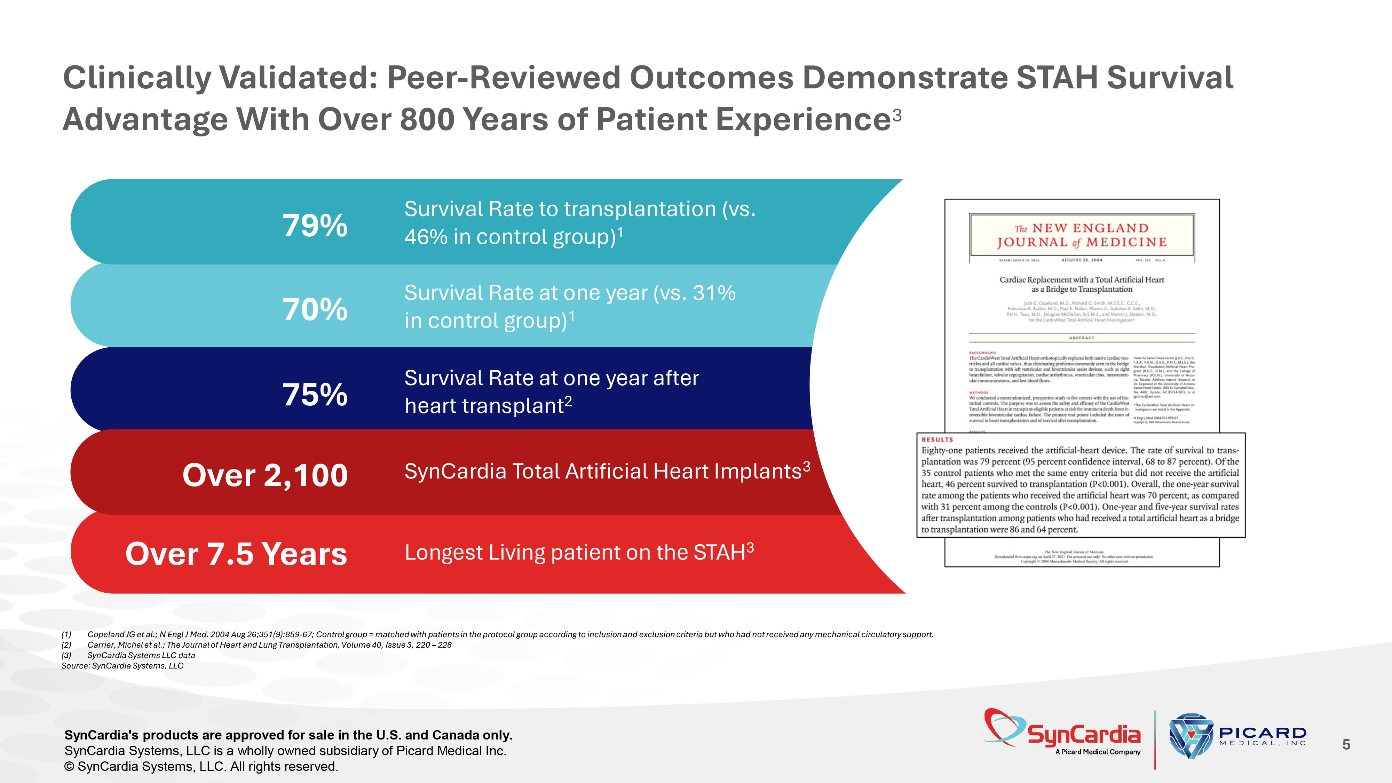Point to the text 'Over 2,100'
tap(265, 475)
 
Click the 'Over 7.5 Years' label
tap(236, 554)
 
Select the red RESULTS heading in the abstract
tap(938, 439)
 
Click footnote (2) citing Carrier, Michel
tap(269, 644)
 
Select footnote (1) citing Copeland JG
tap(510, 634)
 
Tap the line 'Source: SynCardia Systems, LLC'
tap(122, 666)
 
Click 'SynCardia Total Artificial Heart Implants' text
tap(602, 471)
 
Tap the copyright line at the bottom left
tap(201, 766)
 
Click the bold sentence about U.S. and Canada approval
tap(288, 735)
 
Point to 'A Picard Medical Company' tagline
tap(1098, 752)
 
